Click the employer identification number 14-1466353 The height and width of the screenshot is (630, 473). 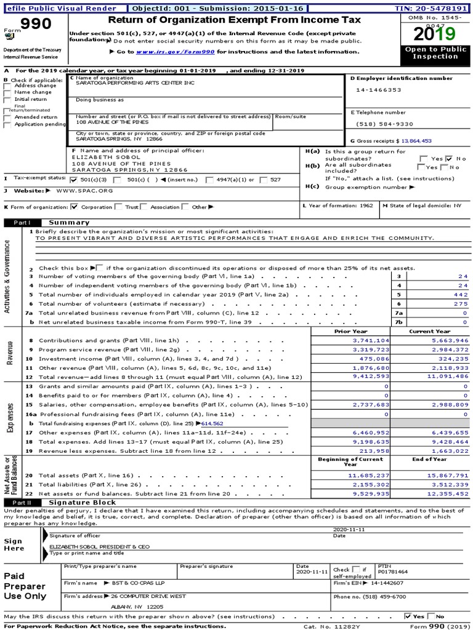click(x=378, y=90)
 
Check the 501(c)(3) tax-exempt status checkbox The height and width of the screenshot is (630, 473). click(x=75, y=180)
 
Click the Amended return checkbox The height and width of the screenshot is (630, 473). click(x=7, y=117)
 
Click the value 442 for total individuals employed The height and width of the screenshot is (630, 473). click(x=461, y=295)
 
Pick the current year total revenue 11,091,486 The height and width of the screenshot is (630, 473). click(x=443, y=377)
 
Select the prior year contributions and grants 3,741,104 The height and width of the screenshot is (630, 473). click(x=371, y=340)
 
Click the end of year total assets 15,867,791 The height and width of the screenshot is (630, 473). click(x=443, y=476)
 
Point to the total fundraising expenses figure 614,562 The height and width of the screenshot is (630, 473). click(x=212, y=424)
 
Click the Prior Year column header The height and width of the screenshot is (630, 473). click(x=350, y=331)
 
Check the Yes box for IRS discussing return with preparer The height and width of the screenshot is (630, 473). click(x=408, y=616)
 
